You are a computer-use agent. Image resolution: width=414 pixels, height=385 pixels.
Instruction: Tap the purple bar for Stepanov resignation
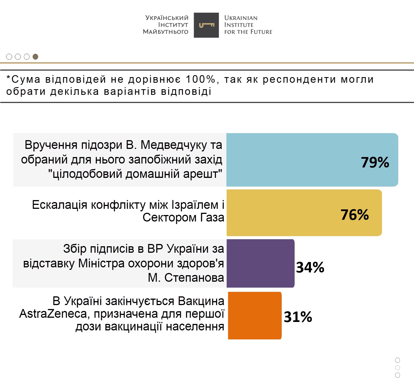[260, 263]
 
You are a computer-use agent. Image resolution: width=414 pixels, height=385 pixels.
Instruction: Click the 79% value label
[375, 162]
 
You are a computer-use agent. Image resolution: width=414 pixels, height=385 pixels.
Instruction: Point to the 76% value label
[354, 215]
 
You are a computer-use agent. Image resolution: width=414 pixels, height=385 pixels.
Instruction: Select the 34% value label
[310, 267]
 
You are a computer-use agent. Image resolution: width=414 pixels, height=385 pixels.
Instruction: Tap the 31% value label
[298, 317]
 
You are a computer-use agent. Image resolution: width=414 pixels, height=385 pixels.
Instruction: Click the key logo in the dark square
[206, 25]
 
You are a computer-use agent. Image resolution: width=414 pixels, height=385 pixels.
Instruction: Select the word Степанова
[194, 278]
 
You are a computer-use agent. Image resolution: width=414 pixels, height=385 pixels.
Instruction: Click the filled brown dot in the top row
[35, 57]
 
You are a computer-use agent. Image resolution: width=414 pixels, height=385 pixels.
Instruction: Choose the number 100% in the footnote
[200, 79]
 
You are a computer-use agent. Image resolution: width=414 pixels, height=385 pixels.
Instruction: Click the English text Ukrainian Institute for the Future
[248, 25]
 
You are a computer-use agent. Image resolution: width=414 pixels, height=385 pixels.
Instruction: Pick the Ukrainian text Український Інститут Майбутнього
[166, 25]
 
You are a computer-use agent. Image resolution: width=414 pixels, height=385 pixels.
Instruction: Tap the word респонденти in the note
[299, 79]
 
